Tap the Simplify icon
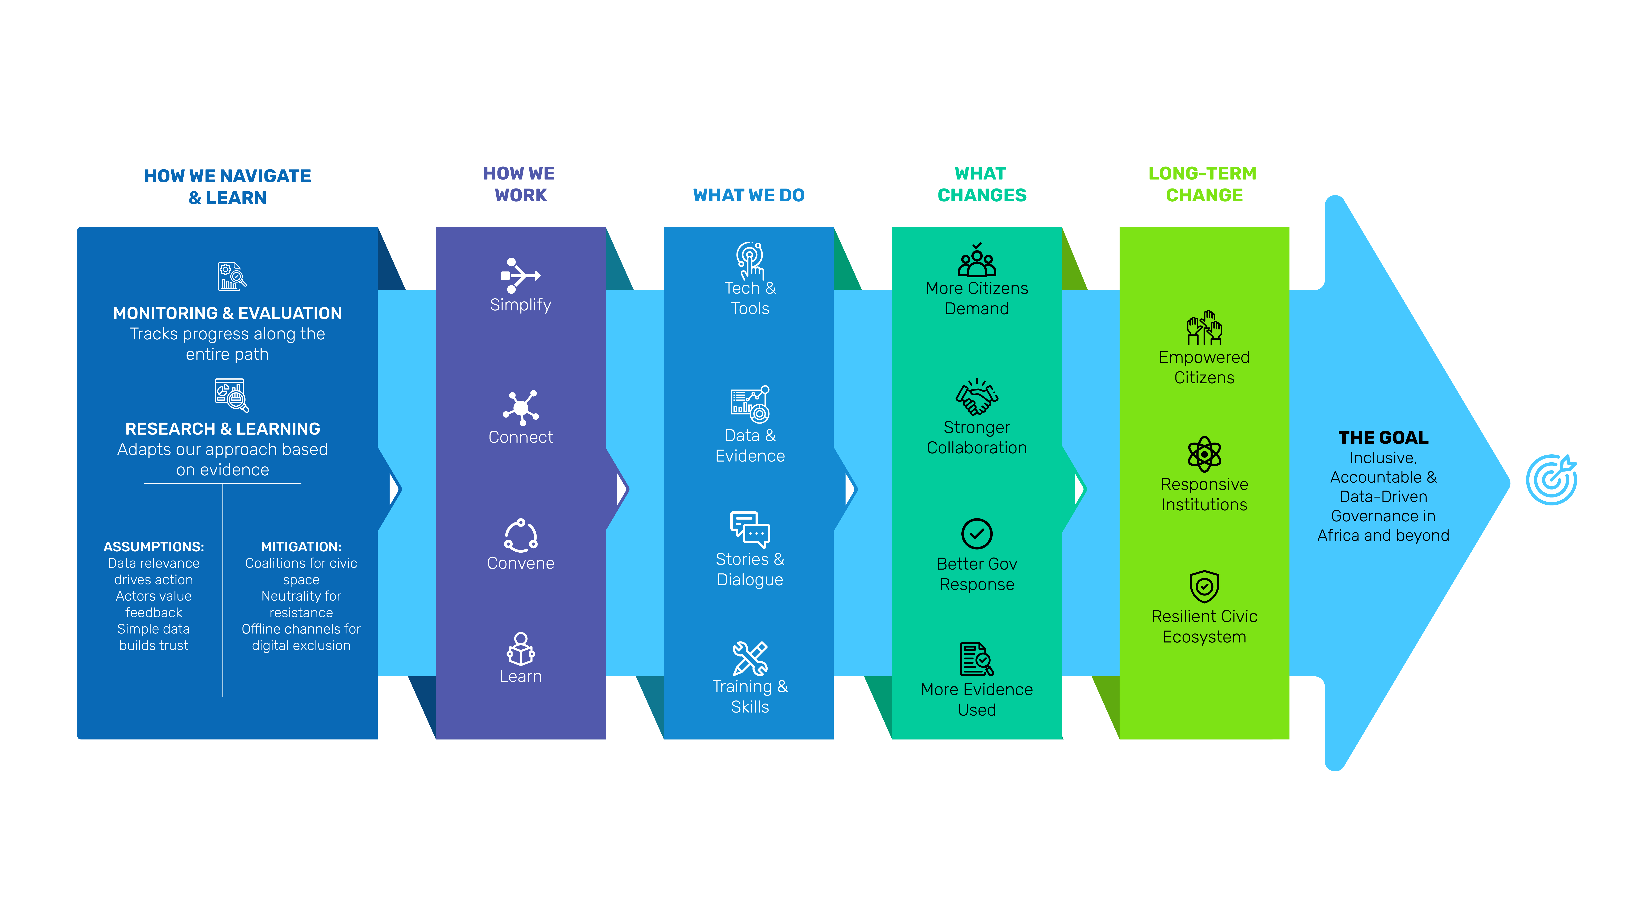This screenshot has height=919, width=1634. (520, 275)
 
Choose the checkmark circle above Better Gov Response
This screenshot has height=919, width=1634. (977, 533)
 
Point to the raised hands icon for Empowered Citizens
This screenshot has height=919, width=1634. (1204, 327)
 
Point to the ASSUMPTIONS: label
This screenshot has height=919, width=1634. (154, 547)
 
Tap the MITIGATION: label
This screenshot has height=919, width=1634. (301, 547)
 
